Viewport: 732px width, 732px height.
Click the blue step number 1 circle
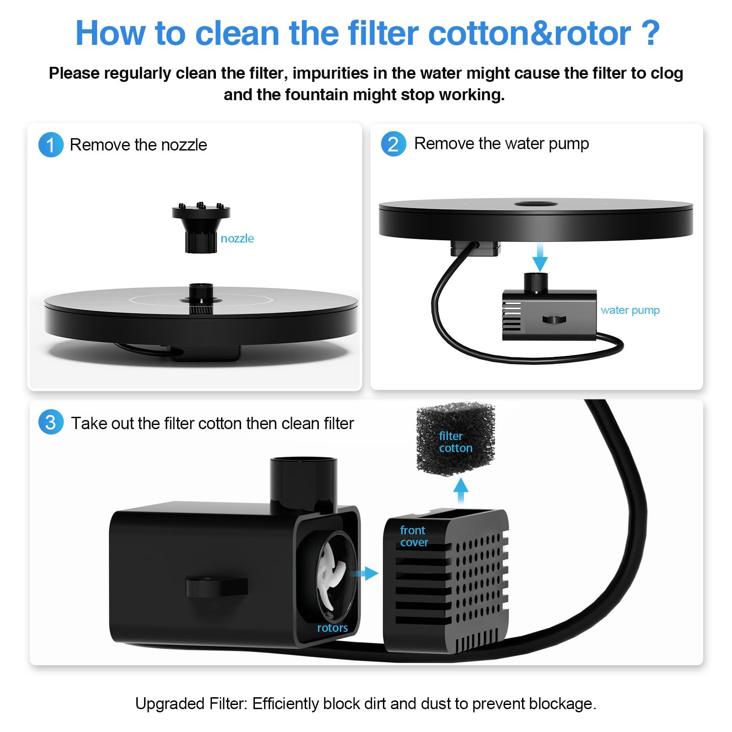click(51, 145)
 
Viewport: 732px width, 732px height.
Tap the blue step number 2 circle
click(393, 144)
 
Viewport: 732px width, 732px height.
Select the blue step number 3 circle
click(51, 422)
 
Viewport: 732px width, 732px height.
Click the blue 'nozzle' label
click(237, 238)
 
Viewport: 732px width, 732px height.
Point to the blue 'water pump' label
click(630, 310)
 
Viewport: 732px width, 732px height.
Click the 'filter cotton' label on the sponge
click(456, 442)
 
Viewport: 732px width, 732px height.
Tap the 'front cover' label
click(414, 536)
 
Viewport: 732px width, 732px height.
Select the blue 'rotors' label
click(332, 628)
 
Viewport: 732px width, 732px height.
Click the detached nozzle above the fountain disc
click(201, 227)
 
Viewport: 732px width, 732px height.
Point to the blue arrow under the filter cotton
click(461, 491)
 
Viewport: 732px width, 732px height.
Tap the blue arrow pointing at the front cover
click(365, 573)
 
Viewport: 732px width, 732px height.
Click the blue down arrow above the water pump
click(540, 257)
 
